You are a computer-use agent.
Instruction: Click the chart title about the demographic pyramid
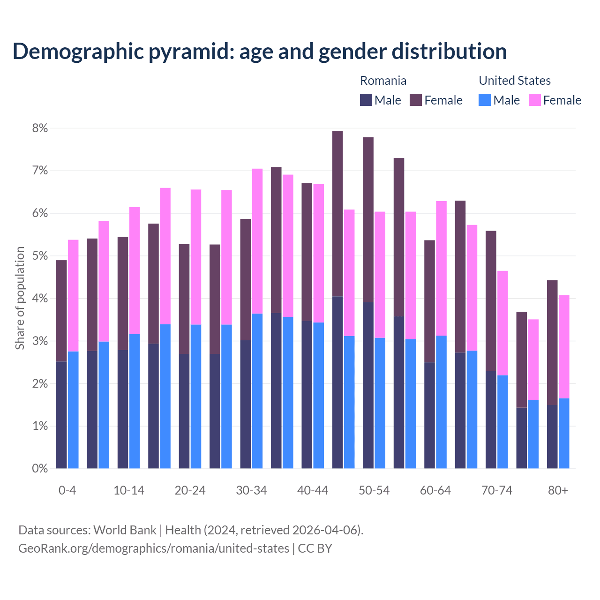coord(260,51)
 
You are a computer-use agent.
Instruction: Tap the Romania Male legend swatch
coord(366,100)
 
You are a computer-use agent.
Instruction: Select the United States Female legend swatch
coord(534,100)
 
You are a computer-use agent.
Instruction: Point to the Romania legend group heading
coord(383,81)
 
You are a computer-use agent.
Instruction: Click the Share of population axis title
coord(20,298)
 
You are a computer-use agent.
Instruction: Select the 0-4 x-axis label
coord(67,490)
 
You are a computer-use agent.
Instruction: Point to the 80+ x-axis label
coord(558,490)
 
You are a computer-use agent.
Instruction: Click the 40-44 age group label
coord(313,490)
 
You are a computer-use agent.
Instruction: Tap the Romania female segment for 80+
coord(552,342)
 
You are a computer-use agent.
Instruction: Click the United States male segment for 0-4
coord(73,410)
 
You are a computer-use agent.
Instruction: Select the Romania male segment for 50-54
coord(368,385)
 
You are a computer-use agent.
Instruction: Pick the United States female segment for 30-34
coord(257,241)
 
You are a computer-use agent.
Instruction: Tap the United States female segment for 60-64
coord(442,268)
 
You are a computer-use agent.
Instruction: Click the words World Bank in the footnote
coord(125,530)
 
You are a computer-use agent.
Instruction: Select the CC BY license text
coord(315,548)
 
